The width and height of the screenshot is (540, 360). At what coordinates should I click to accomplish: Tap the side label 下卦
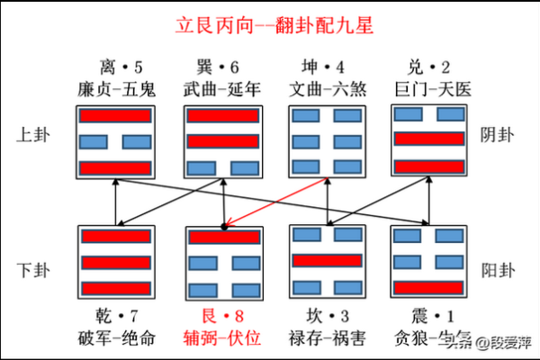click(x=35, y=268)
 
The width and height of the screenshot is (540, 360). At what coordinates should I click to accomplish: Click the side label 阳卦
click(x=505, y=268)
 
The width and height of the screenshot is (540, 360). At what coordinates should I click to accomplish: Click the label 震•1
click(x=430, y=315)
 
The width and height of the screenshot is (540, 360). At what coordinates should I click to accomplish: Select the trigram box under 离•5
click(x=117, y=141)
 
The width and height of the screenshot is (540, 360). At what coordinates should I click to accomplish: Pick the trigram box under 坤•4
click(x=326, y=141)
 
